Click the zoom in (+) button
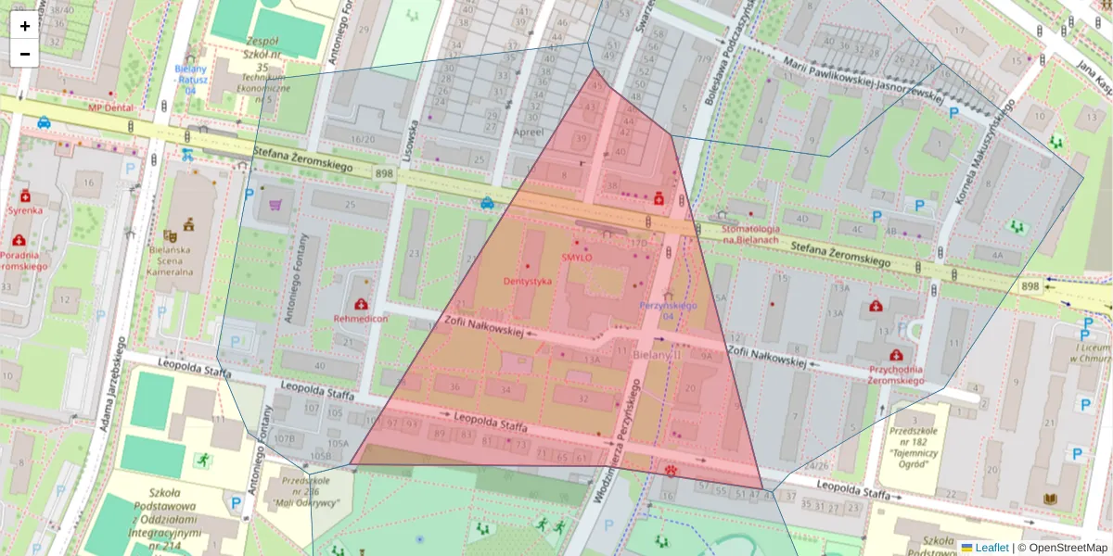(25, 26)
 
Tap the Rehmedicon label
(360, 319)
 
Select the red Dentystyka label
(528, 281)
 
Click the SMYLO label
(576, 258)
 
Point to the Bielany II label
(656, 355)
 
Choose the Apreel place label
(529, 133)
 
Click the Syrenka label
(25, 210)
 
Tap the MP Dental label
(110, 107)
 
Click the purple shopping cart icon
(275, 205)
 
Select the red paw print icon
(672, 470)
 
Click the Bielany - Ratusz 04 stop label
(192, 79)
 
